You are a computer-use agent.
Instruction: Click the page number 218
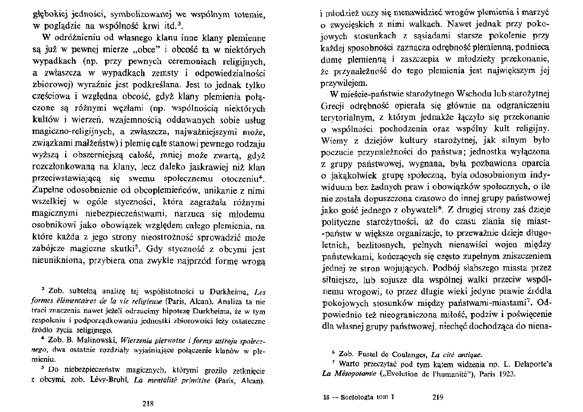click(x=148, y=403)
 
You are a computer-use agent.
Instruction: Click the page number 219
click(x=438, y=396)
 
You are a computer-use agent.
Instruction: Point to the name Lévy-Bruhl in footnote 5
click(x=111, y=381)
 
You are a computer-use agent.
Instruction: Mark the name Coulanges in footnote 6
click(x=407, y=354)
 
